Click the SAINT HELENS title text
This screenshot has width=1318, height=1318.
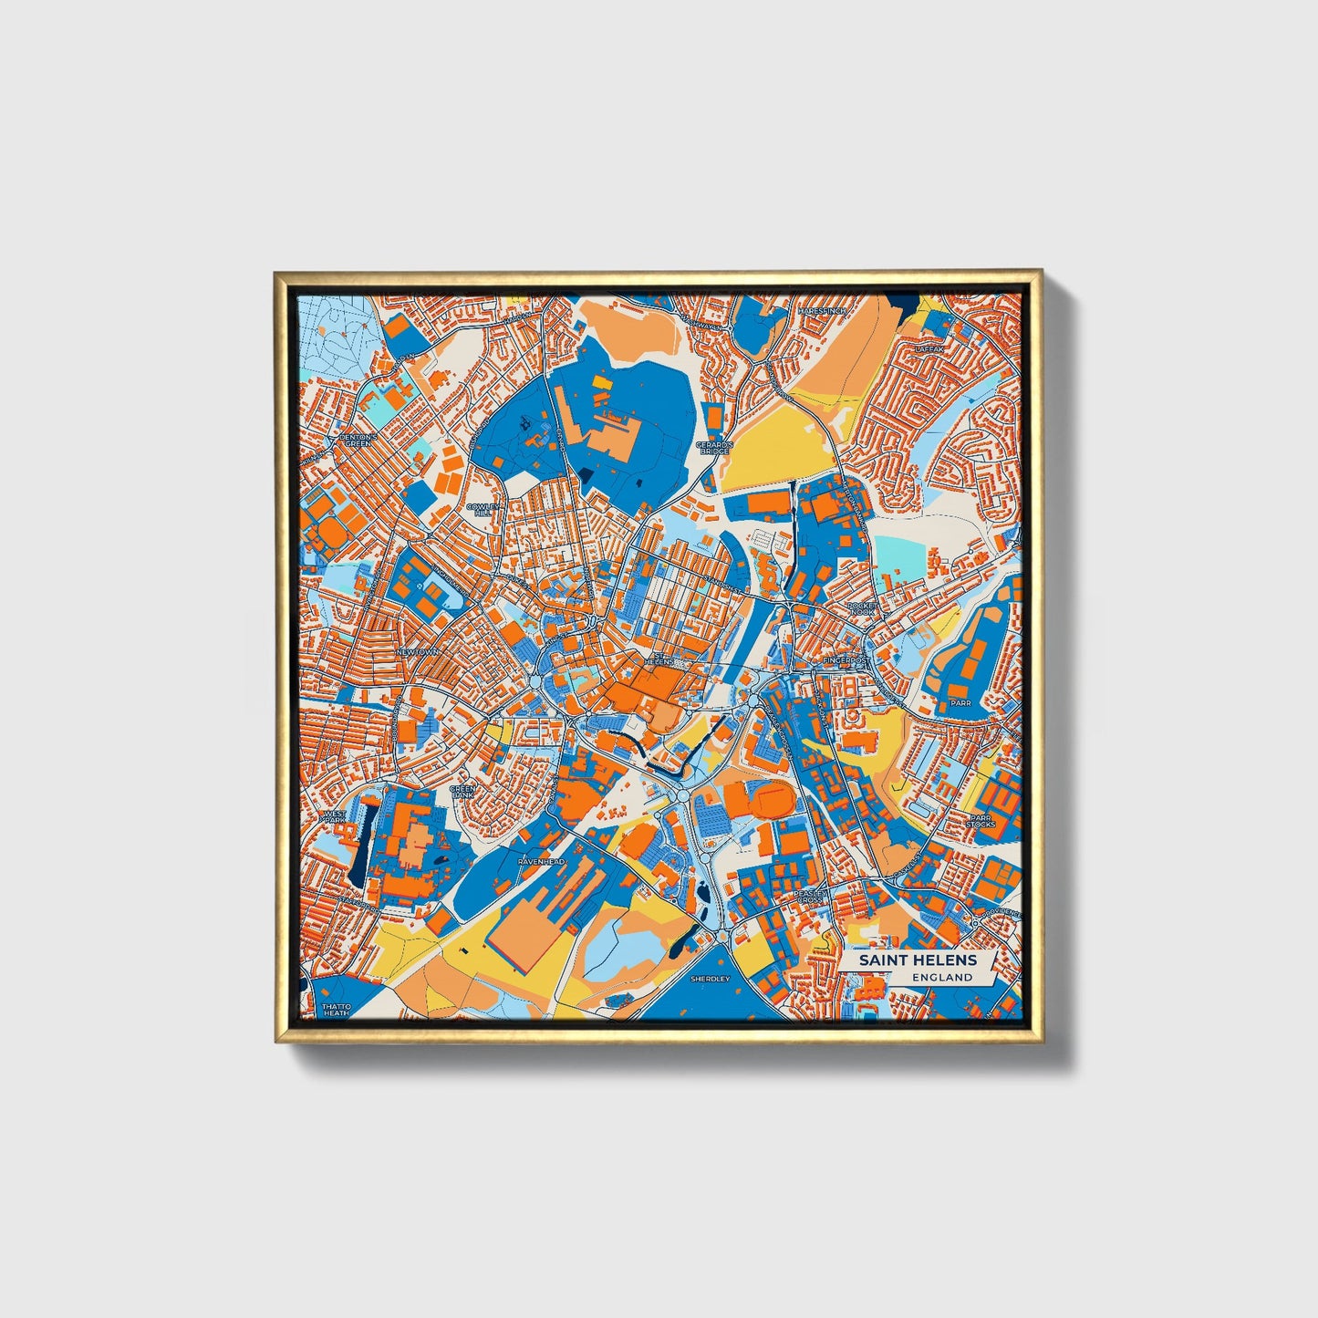[x=918, y=960]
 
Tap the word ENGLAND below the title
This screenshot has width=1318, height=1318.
[x=941, y=977]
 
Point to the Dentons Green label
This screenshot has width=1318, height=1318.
[x=356, y=440]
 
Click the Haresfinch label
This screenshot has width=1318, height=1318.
[x=821, y=311]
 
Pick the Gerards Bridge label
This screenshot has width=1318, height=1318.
[x=713, y=448]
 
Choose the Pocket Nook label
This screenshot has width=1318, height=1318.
[x=860, y=608]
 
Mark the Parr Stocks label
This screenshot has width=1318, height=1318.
[x=981, y=821]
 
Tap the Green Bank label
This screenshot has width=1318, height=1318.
[x=463, y=791]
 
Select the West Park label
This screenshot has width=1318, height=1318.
[x=335, y=815]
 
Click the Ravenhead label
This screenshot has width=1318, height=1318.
[x=542, y=861]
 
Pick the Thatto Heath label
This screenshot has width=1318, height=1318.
[x=336, y=1010]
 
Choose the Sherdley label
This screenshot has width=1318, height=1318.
[x=711, y=979]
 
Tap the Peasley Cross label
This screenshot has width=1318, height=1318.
[x=809, y=897]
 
